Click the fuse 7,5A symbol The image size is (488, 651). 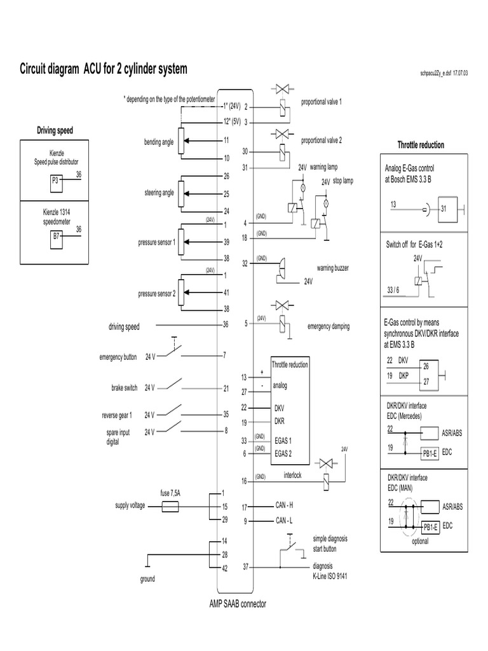tap(170, 507)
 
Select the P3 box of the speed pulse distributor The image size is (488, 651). tap(57, 183)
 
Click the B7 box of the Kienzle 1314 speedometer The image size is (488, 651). tap(56, 240)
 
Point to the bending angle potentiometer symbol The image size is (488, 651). tap(181, 141)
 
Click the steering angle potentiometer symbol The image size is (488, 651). tap(181, 194)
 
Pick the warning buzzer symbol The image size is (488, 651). tap(280, 270)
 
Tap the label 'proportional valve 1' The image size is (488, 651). tap(321, 102)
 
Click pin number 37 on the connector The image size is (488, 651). tap(245, 566)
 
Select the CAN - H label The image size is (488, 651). tap(284, 505)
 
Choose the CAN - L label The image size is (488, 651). tap(284, 520)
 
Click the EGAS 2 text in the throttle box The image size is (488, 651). tap(283, 454)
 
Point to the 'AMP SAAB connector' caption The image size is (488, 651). tap(238, 604)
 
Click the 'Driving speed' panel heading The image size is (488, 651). tap(55, 131)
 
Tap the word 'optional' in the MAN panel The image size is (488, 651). tap(420, 542)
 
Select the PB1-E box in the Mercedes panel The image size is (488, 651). tap(430, 453)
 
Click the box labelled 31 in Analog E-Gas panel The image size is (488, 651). tap(448, 209)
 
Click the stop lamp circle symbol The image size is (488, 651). tap(326, 203)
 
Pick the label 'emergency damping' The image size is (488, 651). tap(329, 326)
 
